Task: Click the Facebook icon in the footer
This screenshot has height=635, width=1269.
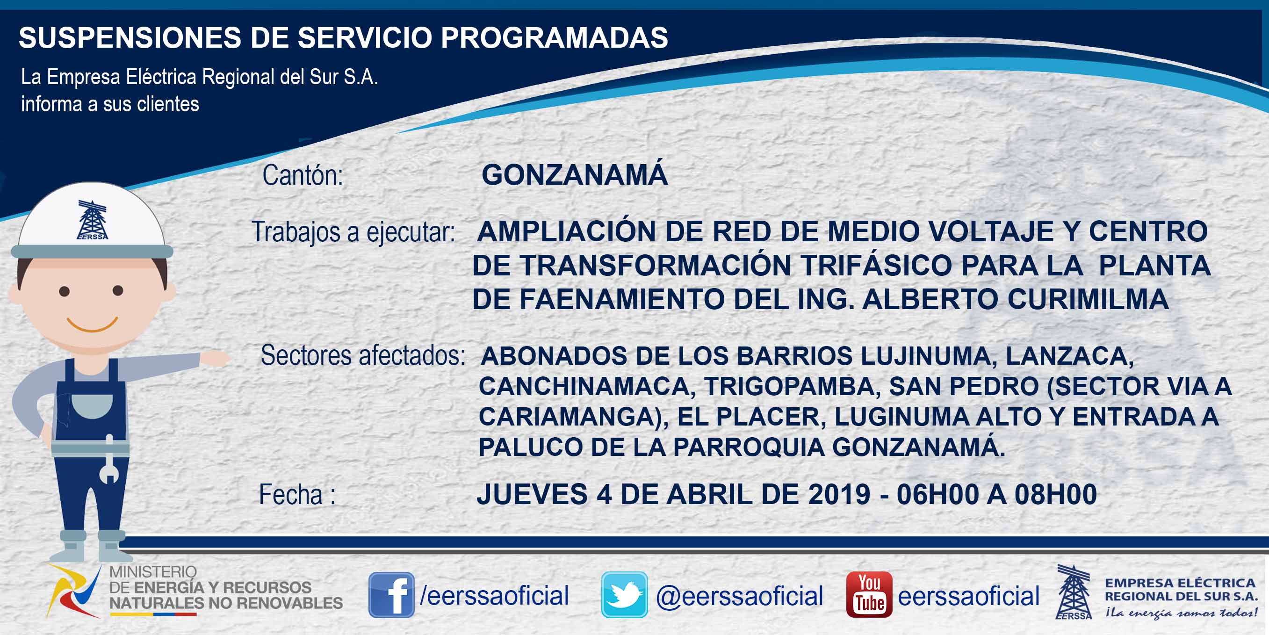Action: pos(391,595)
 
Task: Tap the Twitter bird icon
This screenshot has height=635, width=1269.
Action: pos(624,595)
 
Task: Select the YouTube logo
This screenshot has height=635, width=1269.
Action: pos(869,595)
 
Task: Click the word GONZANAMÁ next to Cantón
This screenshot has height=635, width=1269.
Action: pos(574,174)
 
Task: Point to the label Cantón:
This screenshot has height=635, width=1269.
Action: pos(303,175)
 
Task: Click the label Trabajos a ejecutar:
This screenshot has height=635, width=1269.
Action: pos(353,232)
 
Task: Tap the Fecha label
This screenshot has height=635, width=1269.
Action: pos(297,495)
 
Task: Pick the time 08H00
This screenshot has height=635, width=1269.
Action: pos(1055,494)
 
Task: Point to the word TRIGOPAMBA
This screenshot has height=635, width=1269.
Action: pos(792,387)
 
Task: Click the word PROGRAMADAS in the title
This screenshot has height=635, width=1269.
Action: pos(554,37)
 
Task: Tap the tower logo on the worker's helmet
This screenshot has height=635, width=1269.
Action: pos(92,220)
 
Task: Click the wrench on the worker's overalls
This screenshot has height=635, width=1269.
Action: pos(109,458)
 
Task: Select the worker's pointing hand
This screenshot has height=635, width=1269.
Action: pos(215,358)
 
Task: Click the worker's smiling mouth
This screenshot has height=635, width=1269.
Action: pos(92,325)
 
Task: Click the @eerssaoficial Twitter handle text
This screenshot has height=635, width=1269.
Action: pos(739,596)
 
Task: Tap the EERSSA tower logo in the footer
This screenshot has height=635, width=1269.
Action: pos(1074,592)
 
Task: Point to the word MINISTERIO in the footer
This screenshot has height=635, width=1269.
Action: pos(153,572)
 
